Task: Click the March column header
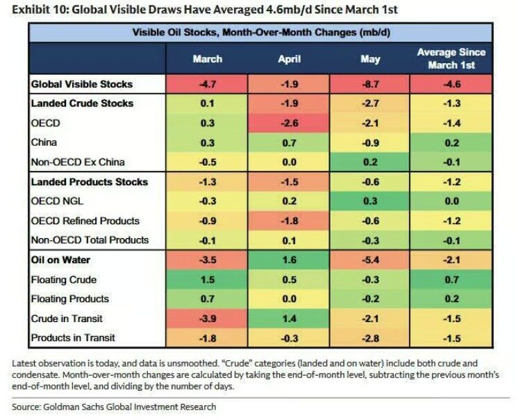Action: (207, 59)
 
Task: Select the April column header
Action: (289, 59)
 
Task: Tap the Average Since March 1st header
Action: (451, 58)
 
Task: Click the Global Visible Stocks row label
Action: (82, 84)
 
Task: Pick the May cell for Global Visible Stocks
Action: (369, 84)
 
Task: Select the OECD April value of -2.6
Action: (289, 123)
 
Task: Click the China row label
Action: (44, 142)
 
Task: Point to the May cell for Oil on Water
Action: (369, 260)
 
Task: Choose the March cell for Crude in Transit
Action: (207, 319)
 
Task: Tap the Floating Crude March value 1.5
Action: (207, 280)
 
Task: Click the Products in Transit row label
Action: (73, 338)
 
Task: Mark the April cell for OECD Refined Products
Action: (289, 221)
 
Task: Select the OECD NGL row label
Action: (57, 201)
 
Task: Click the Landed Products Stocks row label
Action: (89, 182)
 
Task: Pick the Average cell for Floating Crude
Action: (451, 280)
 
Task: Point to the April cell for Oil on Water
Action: (289, 260)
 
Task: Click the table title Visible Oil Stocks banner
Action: (261, 33)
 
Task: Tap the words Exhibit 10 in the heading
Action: (40, 10)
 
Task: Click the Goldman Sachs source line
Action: (114, 407)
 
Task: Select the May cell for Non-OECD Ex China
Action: (369, 162)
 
